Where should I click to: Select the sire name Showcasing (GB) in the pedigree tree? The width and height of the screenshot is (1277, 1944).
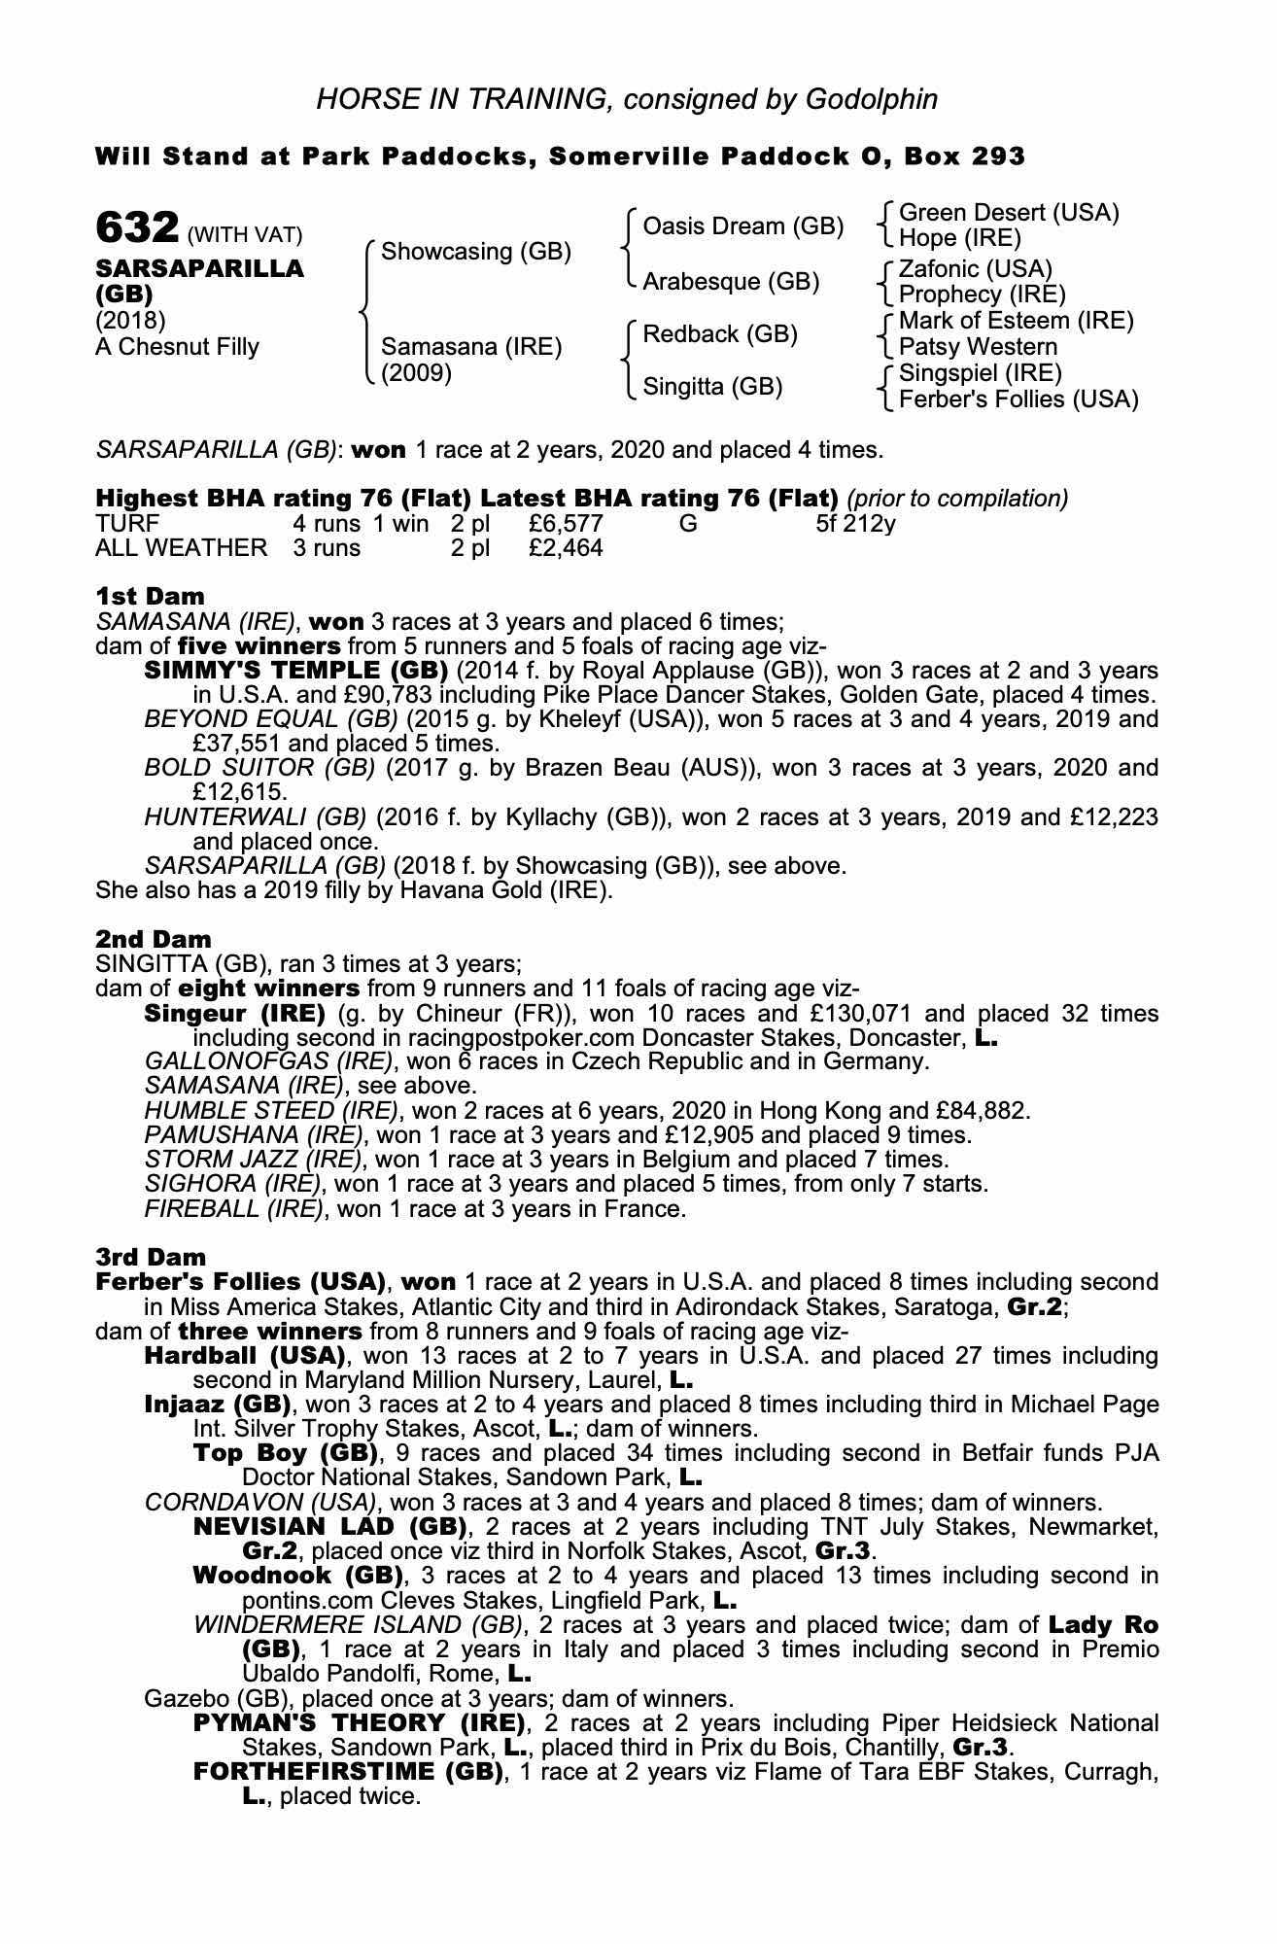475,252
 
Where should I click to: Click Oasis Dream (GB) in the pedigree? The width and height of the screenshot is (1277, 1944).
742,226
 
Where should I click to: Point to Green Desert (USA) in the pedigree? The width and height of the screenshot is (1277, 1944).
1009,213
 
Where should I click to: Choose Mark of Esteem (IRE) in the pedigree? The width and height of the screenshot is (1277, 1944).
1016,321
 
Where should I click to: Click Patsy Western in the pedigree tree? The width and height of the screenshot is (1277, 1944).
978,347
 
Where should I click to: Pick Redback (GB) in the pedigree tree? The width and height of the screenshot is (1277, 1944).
719,334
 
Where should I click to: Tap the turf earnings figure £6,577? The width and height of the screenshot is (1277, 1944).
566,524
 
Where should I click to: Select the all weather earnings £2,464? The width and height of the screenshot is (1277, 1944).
566,548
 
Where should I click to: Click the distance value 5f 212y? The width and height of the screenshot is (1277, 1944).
855,524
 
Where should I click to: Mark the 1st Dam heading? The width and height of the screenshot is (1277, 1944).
150,596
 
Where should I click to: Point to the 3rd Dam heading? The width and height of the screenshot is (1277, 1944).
151,1257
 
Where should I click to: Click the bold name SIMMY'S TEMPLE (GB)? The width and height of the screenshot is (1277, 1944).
295,671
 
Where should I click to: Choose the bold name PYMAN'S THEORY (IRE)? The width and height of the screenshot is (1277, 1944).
359,1723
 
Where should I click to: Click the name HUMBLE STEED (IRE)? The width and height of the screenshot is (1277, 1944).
270,1110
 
